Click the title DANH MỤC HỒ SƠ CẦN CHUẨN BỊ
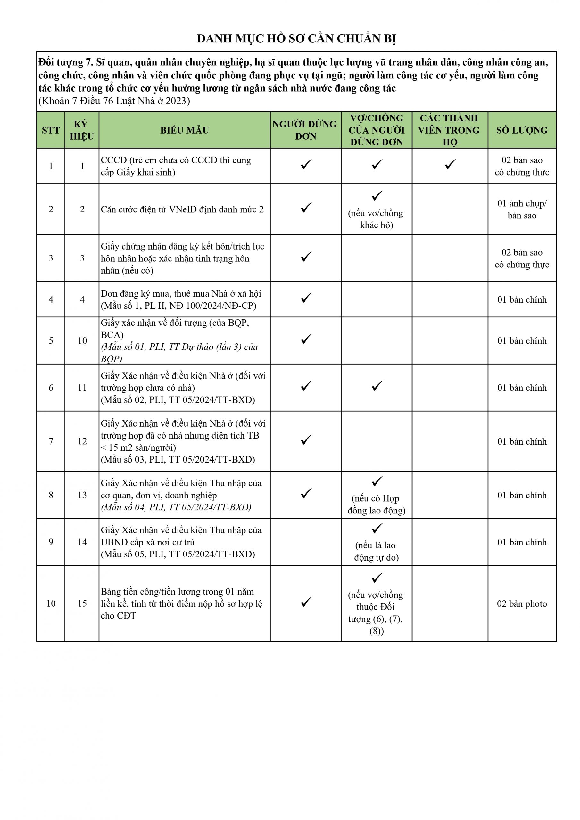point(297,38)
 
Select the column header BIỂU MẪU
point(184,130)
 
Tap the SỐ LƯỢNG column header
point(522,130)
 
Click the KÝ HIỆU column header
point(82,130)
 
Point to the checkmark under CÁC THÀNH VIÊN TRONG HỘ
point(450,165)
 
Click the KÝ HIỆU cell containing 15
point(82,603)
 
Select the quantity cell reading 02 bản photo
point(522,604)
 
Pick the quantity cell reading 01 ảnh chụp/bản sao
point(522,209)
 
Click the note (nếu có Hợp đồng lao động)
point(376,504)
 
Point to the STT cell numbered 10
point(51,603)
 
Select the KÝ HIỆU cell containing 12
point(82,441)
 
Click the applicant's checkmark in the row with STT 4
point(306,298)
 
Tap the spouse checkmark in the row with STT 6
point(377,386)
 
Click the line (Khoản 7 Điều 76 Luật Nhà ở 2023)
point(114,101)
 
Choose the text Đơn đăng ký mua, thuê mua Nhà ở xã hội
point(181,294)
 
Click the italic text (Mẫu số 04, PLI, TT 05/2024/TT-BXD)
point(176,507)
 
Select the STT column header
point(51,130)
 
